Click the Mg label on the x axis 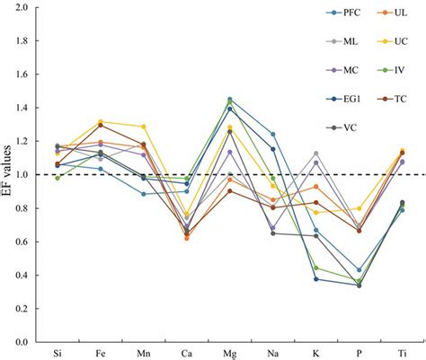230,353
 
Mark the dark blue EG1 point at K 316,279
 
